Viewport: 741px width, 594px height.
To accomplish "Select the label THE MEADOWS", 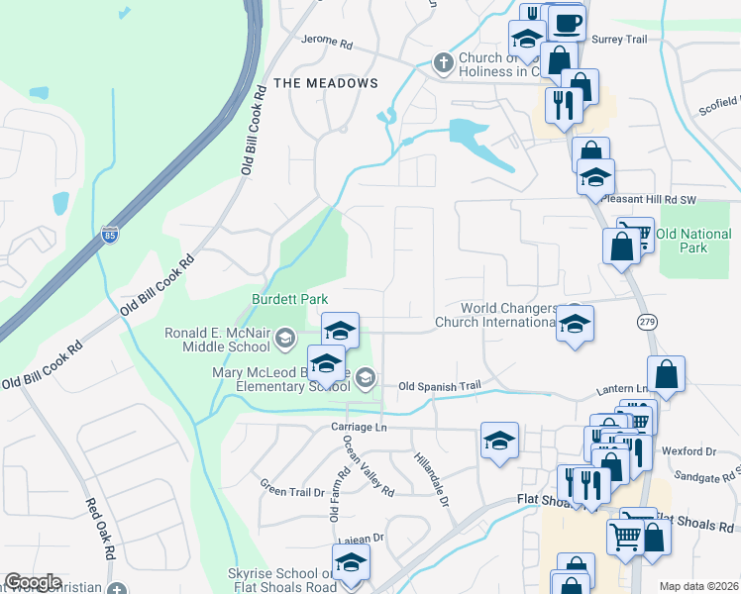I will pyautogui.click(x=326, y=83).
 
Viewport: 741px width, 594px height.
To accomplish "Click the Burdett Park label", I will pyautogui.click(x=289, y=298).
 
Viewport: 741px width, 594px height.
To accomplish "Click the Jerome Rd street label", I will pyautogui.click(x=327, y=45).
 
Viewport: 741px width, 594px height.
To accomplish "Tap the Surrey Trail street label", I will pyautogui.click(x=618, y=39).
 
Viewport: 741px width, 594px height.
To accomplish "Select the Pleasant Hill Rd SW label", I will pyautogui.click(x=648, y=200).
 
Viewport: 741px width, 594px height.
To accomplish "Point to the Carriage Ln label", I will pyautogui.click(x=358, y=427).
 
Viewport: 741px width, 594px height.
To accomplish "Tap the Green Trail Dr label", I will pyautogui.click(x=292, y=487).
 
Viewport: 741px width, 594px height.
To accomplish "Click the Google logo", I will pyautogui.click(x=33, y=582).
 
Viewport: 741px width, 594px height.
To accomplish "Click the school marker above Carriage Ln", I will pyautogui.click(x=499, y=441).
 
